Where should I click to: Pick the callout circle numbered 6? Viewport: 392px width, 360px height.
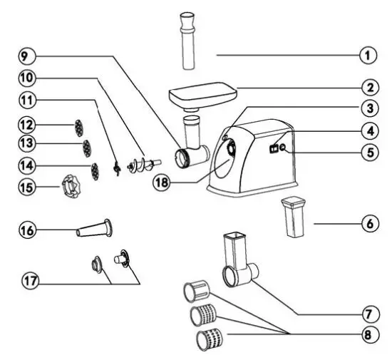(x=369, y=224)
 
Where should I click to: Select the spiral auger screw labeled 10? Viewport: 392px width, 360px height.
(x=140, y=163)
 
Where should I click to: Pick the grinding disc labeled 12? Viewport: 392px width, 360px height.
(x=76, y=128)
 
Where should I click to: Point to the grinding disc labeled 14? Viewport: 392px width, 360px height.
(x=93, y=170)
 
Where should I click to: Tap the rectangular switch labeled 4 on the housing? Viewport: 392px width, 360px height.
(x=273, y=149)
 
